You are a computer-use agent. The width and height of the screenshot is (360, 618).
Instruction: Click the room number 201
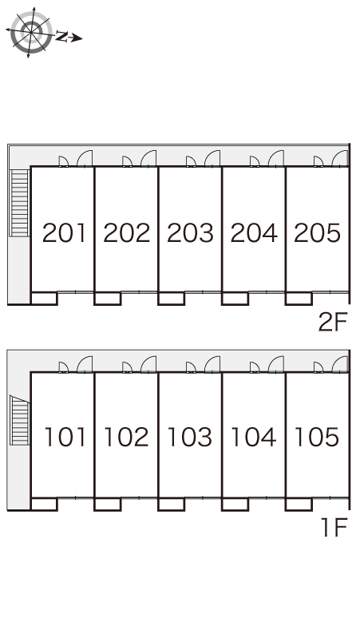[x=64, y=232]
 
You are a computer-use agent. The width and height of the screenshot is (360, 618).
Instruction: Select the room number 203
[x=190, y=232]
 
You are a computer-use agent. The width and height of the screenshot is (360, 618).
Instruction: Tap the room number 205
[x=317, y=232]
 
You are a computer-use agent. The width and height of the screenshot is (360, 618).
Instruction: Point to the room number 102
[x=126, y=437]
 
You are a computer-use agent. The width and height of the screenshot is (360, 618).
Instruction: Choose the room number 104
[x=253, y=437]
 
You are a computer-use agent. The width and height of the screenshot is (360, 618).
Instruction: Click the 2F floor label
[x=333, y=323]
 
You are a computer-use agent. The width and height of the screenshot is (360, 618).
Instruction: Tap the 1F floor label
[x=334, y=528]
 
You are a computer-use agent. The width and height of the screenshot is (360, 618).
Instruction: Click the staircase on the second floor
[x=19, y=203]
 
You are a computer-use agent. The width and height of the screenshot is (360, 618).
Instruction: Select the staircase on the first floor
[x=20, y=421]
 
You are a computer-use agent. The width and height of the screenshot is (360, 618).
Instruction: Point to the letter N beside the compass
[x=61, y=36]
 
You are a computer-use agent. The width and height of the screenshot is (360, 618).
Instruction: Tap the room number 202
[x=127, y=232]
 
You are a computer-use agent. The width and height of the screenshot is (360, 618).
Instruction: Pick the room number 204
[x=254, y=232]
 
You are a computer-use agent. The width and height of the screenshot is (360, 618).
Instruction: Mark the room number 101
[x=65, y=437]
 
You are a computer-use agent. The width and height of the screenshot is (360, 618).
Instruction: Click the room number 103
[x=190, y=437]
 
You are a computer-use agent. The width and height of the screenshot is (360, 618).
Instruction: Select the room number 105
[x=317, y=437]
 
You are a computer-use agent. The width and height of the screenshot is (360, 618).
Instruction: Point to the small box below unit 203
[x=172, y=299]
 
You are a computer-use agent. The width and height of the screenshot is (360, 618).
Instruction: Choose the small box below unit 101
[x=44, y=504]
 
